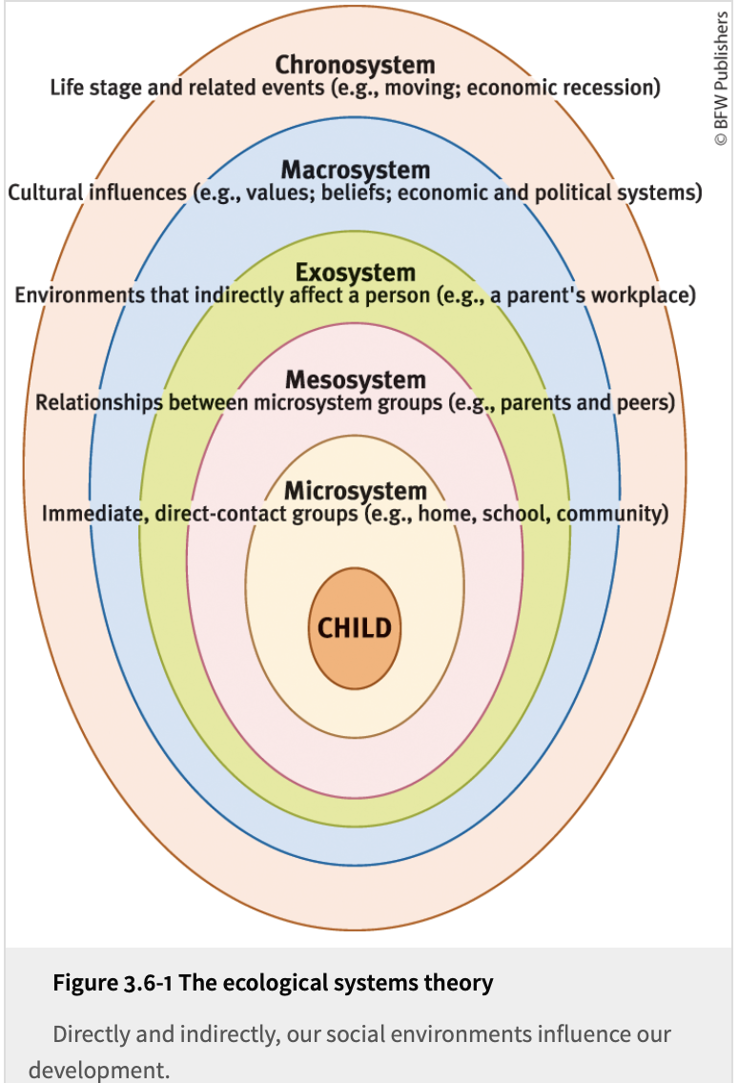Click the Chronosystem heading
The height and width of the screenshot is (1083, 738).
click(x=355, y=65)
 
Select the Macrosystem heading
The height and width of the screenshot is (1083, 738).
click(x=355, y=170)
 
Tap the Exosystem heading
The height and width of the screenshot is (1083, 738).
click(x=355, y=273)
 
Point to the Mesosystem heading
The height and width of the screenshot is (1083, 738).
click(x=355, y=379)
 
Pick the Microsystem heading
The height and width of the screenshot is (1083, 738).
click(x=355, y=491)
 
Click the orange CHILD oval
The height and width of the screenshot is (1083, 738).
click(x=355, y=628)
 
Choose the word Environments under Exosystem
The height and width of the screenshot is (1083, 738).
click(x=80, y=296)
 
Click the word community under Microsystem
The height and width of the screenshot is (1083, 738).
click(x=607, y=515)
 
